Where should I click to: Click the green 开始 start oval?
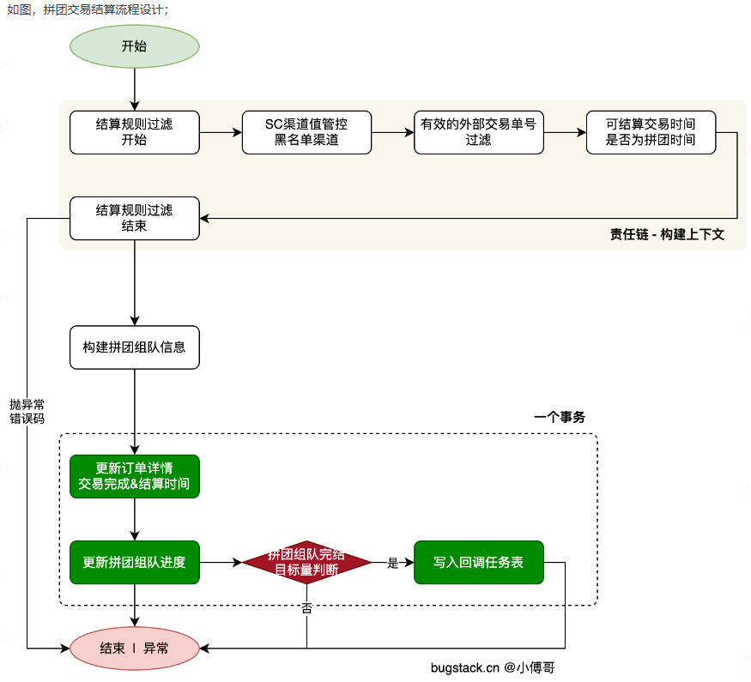[x=134, y=46]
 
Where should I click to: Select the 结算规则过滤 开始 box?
[x=134, y=132]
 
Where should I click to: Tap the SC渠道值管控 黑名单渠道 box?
[x=306, y=132]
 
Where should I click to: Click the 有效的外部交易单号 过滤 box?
[x=478, y=132]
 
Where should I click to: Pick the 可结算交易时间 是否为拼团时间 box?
[x=651, y=132]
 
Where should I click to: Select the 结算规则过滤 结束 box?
[x=134, y=218]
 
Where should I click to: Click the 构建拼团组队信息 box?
[x=134, y=347]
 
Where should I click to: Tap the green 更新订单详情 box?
[x=134, y=476]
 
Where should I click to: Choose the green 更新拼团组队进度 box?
[x=134, y=563]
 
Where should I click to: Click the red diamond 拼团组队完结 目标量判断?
[x=306, y=563]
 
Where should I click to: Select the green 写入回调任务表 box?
[x=478, y=563]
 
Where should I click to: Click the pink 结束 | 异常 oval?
[x=134, y=648]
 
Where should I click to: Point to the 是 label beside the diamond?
[x=393, y=564]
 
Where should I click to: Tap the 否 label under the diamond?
[x=306, y=607]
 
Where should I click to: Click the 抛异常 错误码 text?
[x=27, y=411]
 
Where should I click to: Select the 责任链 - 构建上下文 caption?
[x=667, y=234]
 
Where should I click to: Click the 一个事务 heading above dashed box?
[x=559, y=418]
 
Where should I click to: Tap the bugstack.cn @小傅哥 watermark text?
[x=498, y=667]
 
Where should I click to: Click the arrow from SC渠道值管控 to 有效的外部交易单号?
[x=392, y=133]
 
